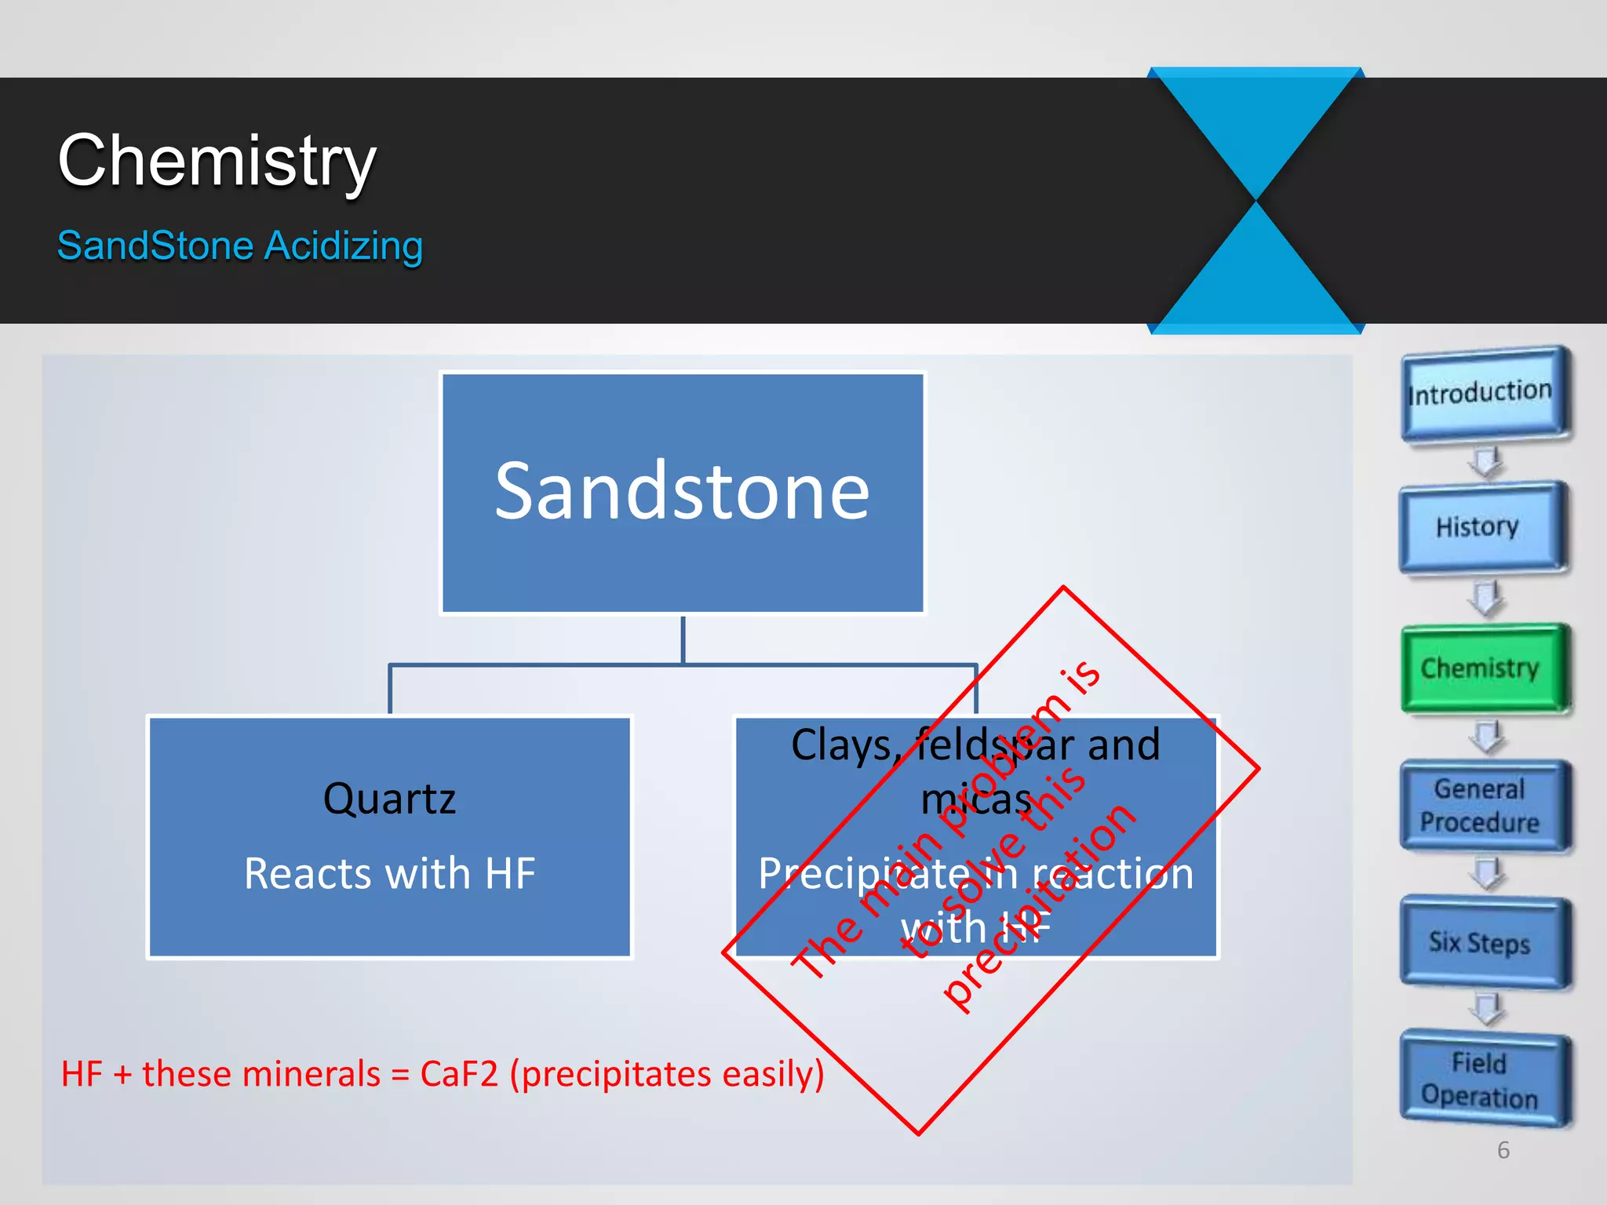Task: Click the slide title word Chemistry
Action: point(217,161)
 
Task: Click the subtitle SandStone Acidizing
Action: point(240,246)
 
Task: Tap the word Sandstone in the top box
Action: point(682,492)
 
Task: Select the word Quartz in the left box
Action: point(389,799)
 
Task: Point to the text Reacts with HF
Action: point(389,873)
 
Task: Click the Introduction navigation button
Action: point(1481,392)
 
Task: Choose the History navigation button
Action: point(1478,526)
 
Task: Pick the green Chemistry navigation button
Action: point(1480,668)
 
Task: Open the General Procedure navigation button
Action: point(1480,806)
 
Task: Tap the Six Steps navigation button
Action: point(1480,942)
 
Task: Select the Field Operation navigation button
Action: point(1480,1079)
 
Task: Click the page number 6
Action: point(1503,1150)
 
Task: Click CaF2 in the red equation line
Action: point(459,1074)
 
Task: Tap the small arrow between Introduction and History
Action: point(1485,462)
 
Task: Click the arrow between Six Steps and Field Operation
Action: point(1485,1008)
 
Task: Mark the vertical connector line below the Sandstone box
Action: point(683,639)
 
